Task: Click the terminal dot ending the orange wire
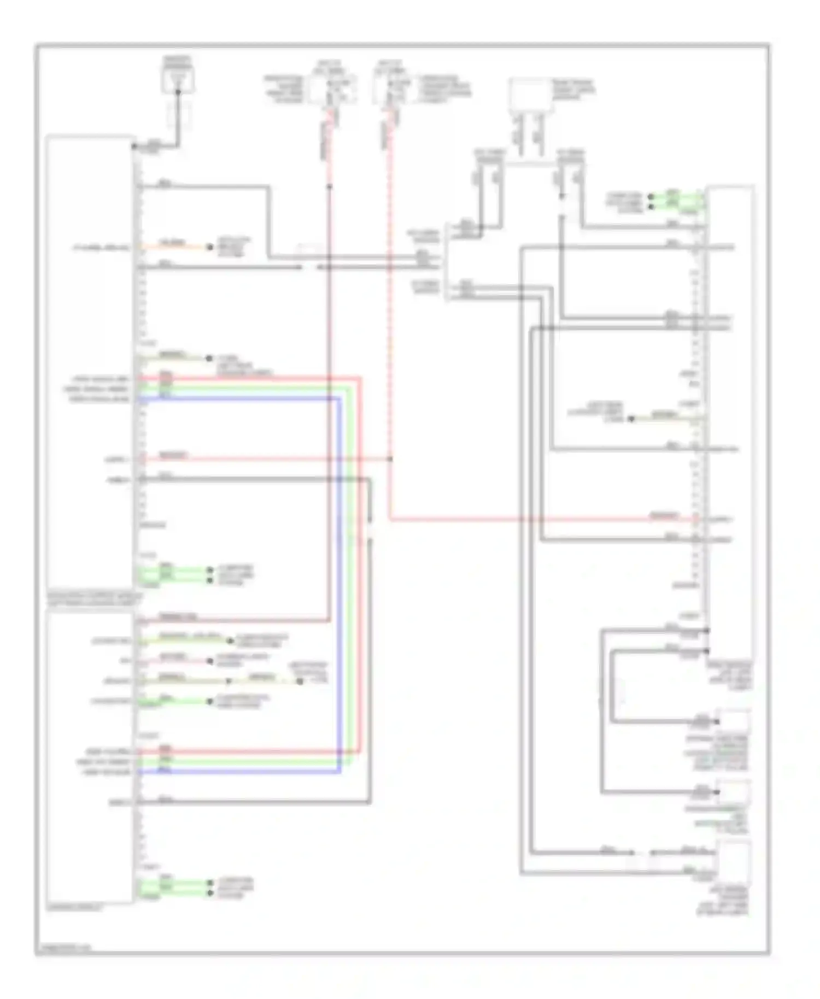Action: click(209, 247)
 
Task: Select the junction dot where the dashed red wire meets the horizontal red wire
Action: click(390, 459)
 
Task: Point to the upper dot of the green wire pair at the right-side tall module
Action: click(651, 196)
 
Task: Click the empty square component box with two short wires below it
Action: click(530, 95)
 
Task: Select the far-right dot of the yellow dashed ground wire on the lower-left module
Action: click(300, 681)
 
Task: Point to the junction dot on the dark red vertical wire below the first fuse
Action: click(330, 187)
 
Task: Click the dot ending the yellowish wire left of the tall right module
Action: click(630, 419)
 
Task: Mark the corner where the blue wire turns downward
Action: click(340, 399)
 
